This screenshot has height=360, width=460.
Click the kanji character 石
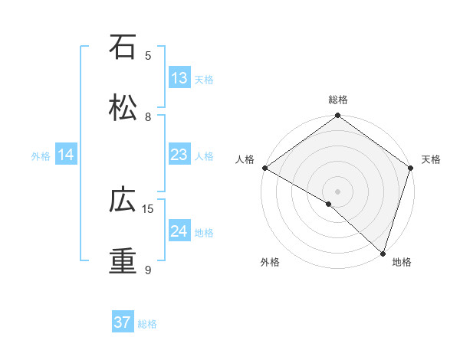pyautogui.click(x=123, y=47)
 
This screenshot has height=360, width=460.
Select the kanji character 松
pyautogui.click(x=123, y=108)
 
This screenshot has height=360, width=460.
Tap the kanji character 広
pyautogui.click(x=123, y=201)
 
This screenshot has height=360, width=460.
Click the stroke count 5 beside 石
pyautogui.click(x=148, y=56)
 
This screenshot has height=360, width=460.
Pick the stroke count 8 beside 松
pyautogui.click(x=148, y=117)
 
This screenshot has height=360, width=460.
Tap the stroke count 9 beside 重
pyautogui.click(x=148, y=270)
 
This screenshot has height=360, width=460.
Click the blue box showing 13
pyautogui.click(x=179, y=78)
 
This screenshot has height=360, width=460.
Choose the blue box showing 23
pyautogui.click(x=179, y=155)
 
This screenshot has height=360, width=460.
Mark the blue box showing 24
pyautogui.click(x=179, y=231)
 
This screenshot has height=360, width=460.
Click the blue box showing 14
pyautogui.click(x=66, y=155)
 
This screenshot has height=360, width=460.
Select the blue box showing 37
pyautogui.click(x=123, y=322)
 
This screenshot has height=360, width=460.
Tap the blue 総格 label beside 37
pyautogui.click(x=147, y=324)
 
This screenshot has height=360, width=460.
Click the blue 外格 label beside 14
pyautogui.click(x=41, y=156)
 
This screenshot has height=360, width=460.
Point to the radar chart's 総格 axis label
pyautogui.click(x=338, y=100)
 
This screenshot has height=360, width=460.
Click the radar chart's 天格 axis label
pyautogui.click(x=431, y=159)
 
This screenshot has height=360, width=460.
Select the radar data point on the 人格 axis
pyautogui.click(x=264, y=168)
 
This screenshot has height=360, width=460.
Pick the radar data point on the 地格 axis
pyautogui.click(x=383, y=254)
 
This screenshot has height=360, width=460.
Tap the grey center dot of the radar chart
pyautogui.click(x=338, y=191)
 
